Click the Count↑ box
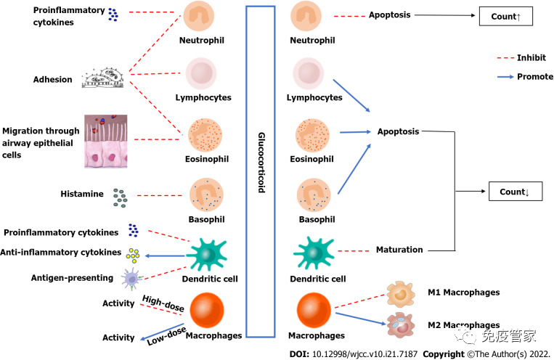[506, 15]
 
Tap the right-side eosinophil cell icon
[314, 136]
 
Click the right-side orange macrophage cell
[315, 309]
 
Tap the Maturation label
[399, 250]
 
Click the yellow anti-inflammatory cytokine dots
[133, 254]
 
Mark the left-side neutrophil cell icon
[198, 16]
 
